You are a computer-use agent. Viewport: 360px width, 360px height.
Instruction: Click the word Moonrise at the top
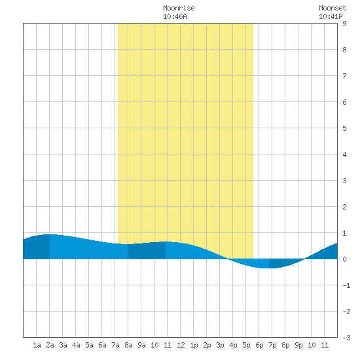coord(179,8)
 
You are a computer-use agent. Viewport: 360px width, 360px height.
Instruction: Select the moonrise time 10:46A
coord(175,16)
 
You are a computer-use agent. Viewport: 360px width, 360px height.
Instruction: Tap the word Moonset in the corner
coord(333,8)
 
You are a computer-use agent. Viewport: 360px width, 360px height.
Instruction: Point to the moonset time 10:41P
coord(331,16)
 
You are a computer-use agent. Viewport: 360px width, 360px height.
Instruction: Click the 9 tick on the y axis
coord(344,24)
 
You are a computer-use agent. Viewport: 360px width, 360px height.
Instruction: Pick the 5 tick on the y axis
coord(344,128)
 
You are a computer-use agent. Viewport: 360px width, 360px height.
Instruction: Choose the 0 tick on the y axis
coord(344,259)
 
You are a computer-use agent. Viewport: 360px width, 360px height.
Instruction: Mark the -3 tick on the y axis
coord(346,338)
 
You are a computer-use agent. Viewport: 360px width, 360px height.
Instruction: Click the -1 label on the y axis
coord(346,285)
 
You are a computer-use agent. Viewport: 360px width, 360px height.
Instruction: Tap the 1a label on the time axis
coord(37,345)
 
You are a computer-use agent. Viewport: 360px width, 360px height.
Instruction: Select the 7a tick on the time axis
coord(115,345)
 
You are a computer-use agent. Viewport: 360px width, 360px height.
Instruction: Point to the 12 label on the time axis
coord(181,345)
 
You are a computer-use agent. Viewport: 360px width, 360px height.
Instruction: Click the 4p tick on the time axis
coord(233,345)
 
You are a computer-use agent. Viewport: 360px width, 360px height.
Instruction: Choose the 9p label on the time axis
coord(298,345)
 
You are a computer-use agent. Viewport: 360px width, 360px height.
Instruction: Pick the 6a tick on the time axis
coord(102,345)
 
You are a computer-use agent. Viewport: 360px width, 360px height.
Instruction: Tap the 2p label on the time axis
coord(207,345)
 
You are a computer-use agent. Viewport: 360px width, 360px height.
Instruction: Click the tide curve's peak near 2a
coord(50,234)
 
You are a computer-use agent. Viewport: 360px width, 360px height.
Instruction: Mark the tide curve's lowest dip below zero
coord(266,268)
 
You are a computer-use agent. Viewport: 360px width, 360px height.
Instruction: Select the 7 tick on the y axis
coord(344,76)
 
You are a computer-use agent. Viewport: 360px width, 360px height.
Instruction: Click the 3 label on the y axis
coord(344,181)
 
